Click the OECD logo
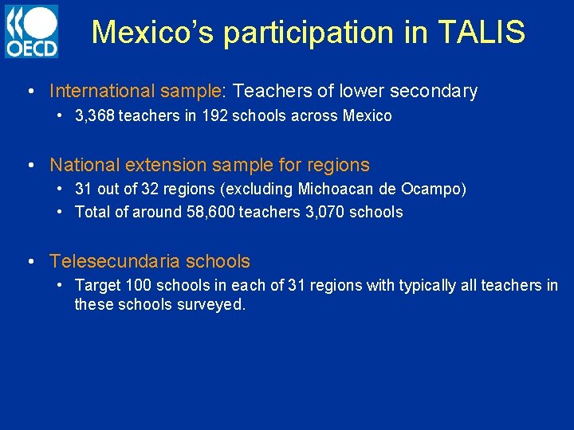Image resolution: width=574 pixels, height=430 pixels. point(31,31)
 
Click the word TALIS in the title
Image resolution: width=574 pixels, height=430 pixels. point(482,33)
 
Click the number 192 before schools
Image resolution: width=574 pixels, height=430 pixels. point(214,116)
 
